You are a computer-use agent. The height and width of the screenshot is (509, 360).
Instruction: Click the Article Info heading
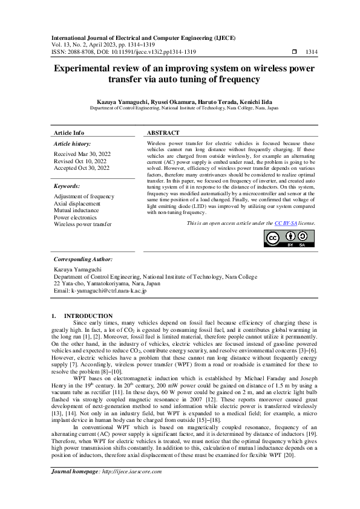pyautogui.click(x=69, y=132)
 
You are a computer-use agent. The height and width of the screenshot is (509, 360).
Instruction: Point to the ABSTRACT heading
pyautogui.click(x=163, y=132)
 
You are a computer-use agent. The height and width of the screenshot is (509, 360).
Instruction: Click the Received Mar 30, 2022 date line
pyautogui.click(x=82, y=155)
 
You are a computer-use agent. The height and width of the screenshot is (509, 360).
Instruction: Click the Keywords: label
pyautogui.click(x=67, y=186)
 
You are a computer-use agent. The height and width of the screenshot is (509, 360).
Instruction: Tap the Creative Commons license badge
pyautogui.click(x=290, y=239)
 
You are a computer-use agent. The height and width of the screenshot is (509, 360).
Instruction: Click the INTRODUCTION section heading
pyautogui.click(x=88, y=316)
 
